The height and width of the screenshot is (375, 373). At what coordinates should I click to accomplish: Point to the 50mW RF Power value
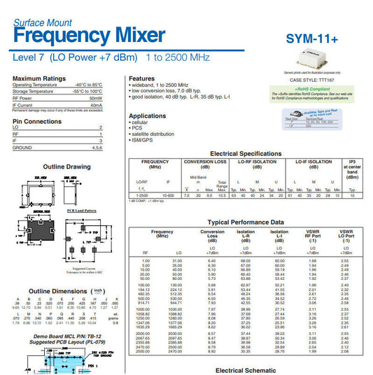click(96, 99)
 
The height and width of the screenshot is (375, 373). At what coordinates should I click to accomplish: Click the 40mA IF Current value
click(97, 105)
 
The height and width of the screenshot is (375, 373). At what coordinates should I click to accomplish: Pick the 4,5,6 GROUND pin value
click(97, 148)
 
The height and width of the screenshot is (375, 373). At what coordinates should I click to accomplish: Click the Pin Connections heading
click(37, 121)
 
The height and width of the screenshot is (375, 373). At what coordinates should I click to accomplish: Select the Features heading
click(141, 78)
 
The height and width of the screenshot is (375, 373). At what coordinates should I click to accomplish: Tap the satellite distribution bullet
click(153, 134)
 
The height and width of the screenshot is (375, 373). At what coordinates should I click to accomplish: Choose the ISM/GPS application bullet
click(143, 139)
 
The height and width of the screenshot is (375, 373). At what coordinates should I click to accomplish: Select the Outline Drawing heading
click(67, 167)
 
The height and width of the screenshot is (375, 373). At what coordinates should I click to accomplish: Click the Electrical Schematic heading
click(246, 369)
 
